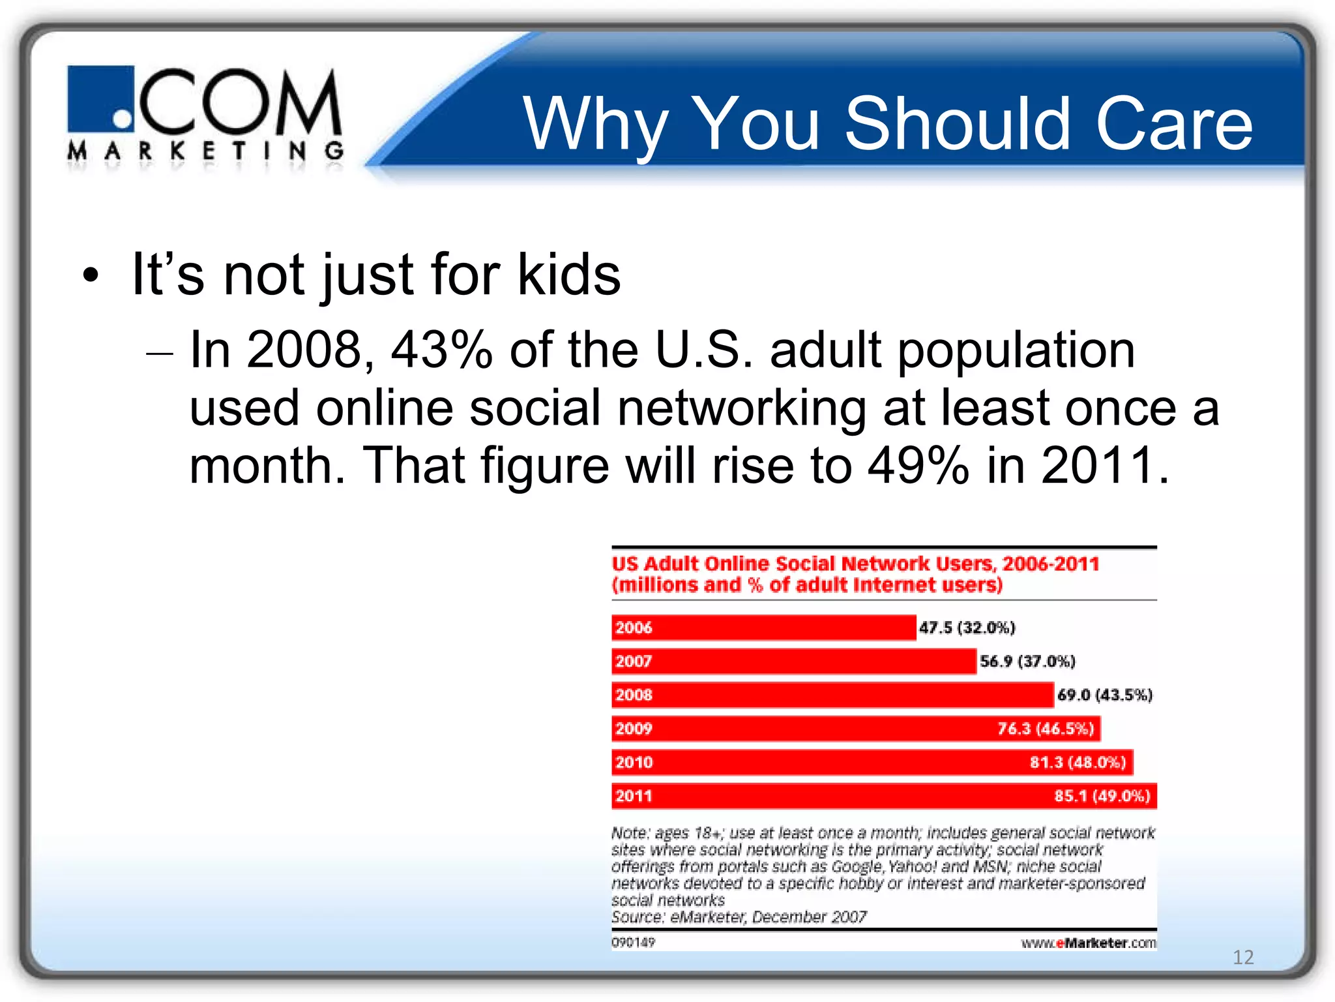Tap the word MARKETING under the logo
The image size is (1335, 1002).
coord(205,151)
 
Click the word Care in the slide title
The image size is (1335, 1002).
coord(1174,123)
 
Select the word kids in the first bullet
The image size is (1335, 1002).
coord(568,274)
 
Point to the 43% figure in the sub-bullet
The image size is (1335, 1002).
coord(441,350)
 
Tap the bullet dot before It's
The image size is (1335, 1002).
coord(91,275)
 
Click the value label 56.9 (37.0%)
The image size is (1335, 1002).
coord(1027,661)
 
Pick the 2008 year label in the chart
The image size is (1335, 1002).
coord(634,695)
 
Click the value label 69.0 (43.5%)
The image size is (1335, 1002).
coord(1105,695)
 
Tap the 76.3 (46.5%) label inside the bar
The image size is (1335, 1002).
coord(1046,729)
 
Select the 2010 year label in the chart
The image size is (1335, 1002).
coord(634,762)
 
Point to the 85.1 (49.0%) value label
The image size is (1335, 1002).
coord(1102,796)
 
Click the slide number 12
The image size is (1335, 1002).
coord(1243,957)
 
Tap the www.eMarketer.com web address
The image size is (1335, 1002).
coord(1088,943)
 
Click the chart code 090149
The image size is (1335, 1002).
coord(633,942)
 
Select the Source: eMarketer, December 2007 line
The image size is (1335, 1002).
coord(739,917)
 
